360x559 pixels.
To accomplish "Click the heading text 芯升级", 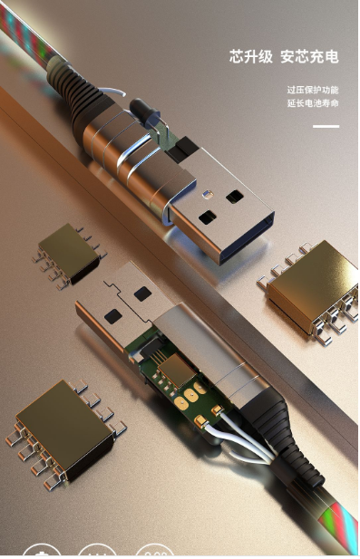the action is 251,57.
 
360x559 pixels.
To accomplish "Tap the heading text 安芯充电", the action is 309,57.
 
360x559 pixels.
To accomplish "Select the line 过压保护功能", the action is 313,90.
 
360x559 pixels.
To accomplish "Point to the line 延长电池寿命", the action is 313,103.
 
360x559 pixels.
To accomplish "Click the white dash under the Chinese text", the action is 326,126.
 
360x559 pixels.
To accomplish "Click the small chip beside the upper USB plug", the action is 69,255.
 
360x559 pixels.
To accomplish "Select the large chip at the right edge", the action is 310,291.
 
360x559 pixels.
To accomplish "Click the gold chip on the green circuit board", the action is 177,370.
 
